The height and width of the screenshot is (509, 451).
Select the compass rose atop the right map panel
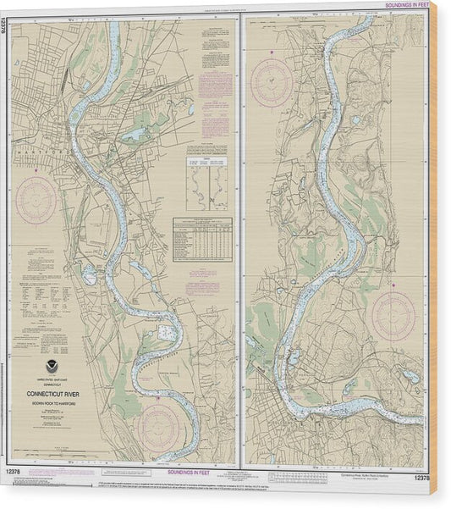(x=272, y=81)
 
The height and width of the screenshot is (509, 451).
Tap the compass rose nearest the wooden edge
(x=393, y=316)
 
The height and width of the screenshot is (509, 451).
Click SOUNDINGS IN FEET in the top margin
(x=407, y=6)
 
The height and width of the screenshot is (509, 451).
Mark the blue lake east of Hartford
(x=134, y=135)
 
